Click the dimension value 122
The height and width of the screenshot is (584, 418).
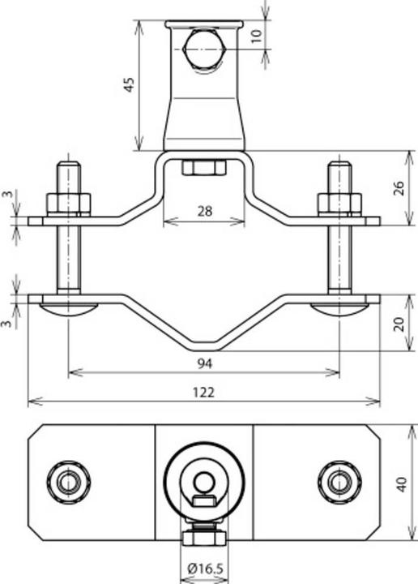click(203, 391)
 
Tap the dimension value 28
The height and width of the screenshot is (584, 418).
click(203, 211)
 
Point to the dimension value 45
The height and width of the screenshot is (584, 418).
click(129, 85)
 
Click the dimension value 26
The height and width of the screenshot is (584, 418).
click(398, 188)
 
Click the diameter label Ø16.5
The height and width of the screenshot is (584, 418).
click(203, 569)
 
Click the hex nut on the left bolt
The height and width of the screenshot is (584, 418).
click(68, 203)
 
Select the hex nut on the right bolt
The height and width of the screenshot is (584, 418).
click(339, 203)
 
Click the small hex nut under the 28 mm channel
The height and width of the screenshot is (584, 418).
click(203, 168)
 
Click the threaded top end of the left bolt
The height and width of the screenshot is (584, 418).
click(68, 174)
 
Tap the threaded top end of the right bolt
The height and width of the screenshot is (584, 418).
click(339, 174)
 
